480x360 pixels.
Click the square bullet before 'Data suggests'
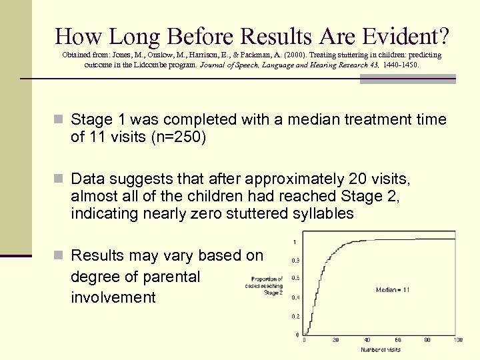58,179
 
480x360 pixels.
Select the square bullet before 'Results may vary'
58,256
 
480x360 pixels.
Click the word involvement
113,297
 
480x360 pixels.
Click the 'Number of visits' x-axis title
381,349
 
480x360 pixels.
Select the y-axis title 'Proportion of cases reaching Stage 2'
267,285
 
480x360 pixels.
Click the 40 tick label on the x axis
366,340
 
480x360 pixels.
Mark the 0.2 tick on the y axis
295,316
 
